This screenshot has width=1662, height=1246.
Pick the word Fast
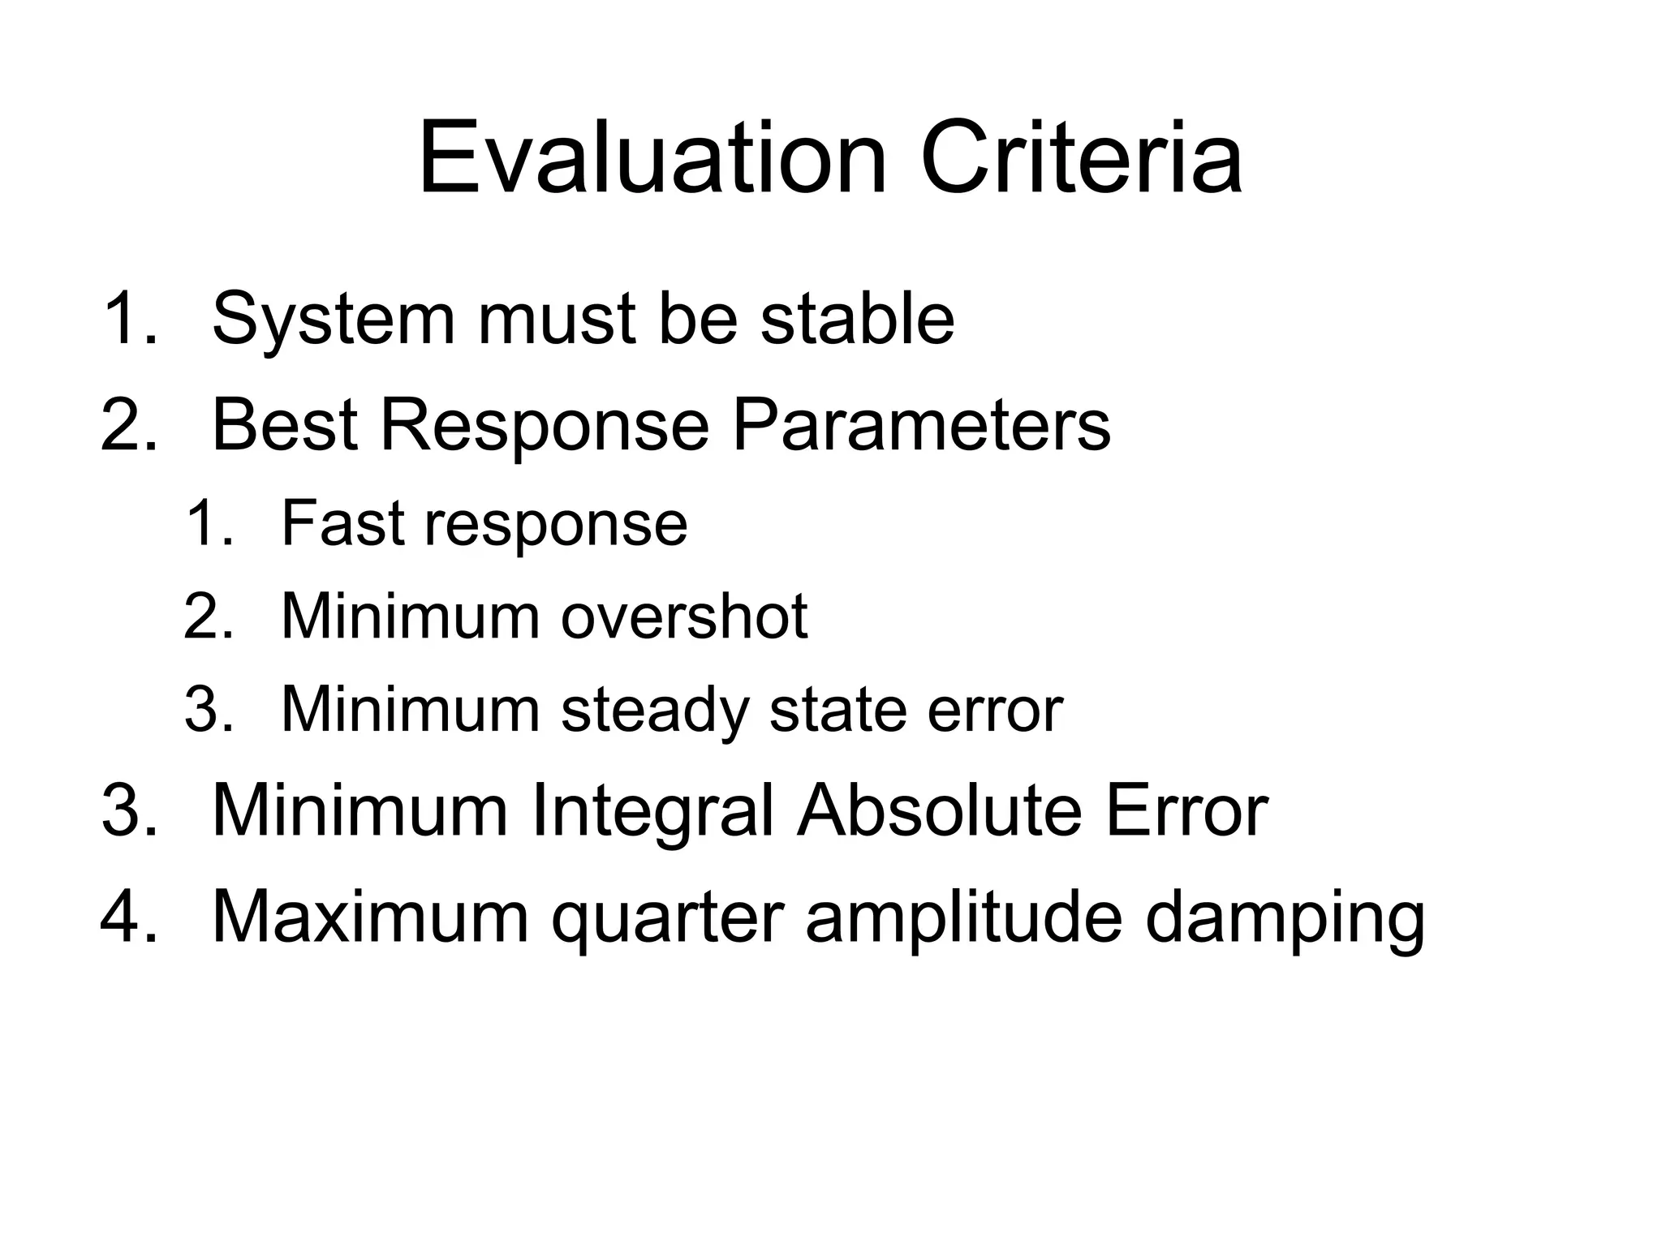(x=342, y=523)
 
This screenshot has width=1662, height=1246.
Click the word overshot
(x=684, y=617)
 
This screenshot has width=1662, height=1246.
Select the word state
(x=837, y=710)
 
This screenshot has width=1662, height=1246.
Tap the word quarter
(x=667, y=919)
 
